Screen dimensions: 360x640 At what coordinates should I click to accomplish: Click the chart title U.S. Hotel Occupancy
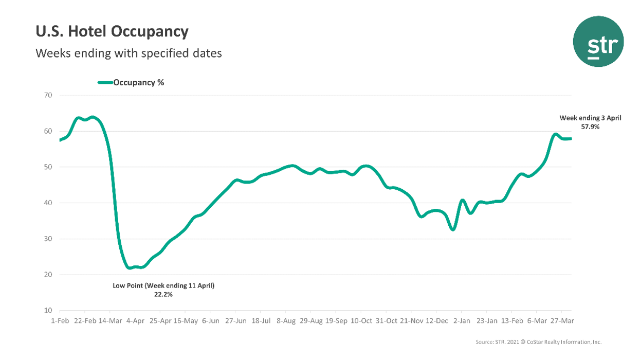[112, 32]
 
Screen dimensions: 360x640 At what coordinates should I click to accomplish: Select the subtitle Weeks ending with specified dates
[129, 53]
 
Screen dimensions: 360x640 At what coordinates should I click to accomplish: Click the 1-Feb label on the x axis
[60, 321]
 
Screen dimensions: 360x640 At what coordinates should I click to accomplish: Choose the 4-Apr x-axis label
[135, 321]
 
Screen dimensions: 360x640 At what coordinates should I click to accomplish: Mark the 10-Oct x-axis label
[361, 321]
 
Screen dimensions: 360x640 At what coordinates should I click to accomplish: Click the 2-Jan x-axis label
[461, 321]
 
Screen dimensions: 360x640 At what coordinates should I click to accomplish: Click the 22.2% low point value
[163, 295]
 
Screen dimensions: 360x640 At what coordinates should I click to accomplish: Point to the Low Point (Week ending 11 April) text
[163, 285]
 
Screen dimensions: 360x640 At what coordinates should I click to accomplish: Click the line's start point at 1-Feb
[60, 140]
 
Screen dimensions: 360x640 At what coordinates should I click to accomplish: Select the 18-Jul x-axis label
[260, 321]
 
